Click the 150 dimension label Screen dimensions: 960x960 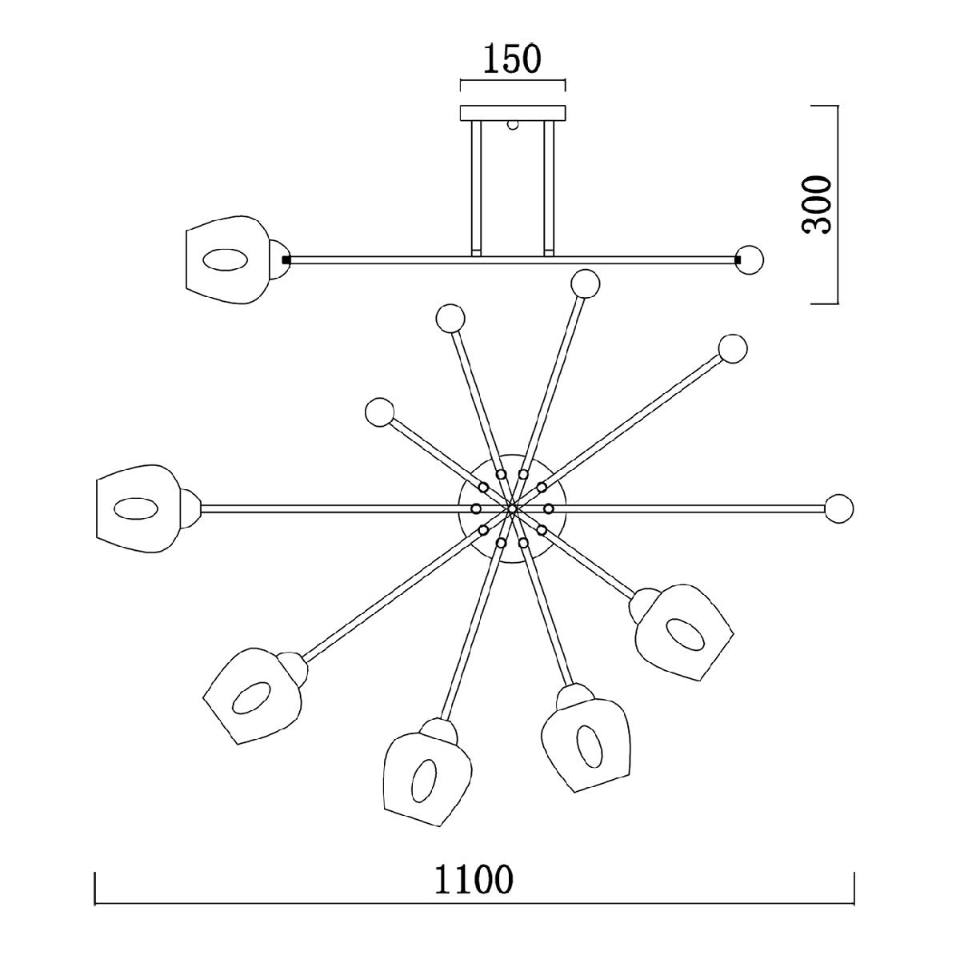(x=512, y=58)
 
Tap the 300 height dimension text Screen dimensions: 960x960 (x=817, y=204)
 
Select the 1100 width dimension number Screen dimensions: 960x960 (x=474, y=879)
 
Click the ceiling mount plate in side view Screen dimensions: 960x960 (x=513, y=113)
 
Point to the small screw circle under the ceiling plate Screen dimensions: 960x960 (x=513, y=125)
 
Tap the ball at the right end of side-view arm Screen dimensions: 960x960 (x=750, y=260)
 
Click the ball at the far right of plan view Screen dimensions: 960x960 (x=839, y=508)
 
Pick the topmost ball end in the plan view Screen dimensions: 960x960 (x=586, y=283)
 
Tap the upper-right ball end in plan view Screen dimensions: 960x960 (x=732, y=348)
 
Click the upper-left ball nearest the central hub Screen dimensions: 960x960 (x=380, y=412)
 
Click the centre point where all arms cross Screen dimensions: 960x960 (x=512, y=508)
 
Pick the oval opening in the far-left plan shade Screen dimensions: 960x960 (x=136, y=508)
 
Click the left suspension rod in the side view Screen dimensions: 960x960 (x=476, y=188)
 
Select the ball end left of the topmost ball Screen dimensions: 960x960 (x=450, y=318)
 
